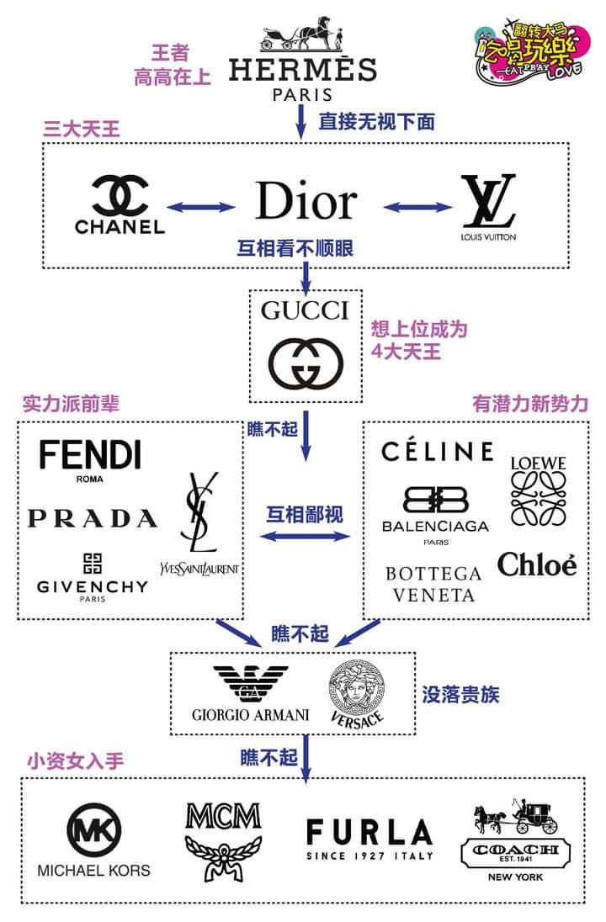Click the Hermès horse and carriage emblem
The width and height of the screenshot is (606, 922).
pyautogui.click(x=303, y=34)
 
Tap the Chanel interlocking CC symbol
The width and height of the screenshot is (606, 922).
pyautogui.click(x=120, y=195)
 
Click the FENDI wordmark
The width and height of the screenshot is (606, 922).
pyautogui.click(x=89, y=455)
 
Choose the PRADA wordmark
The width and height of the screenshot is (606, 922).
pyautogui.click(x=92, y=518)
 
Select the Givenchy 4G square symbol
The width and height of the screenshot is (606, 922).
pyautogui.click(x=92, y=563)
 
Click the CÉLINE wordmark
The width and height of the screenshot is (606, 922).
pyautogui.click(x=437, y=452)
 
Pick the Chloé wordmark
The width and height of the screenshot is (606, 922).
pyautogui.click(x=537, y=564)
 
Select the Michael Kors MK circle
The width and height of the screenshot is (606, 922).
pyautogui.click(x=93, y=831)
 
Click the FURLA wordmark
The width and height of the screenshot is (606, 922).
pyautogui.click(x=369, y=833)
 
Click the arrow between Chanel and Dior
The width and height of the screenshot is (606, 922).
pyautogui.click(x=200, y=207)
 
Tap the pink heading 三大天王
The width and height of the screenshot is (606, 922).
pyautogui.click(x=82, y=128)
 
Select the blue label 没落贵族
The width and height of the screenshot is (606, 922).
pyautogui.click(x=461, y=695)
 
